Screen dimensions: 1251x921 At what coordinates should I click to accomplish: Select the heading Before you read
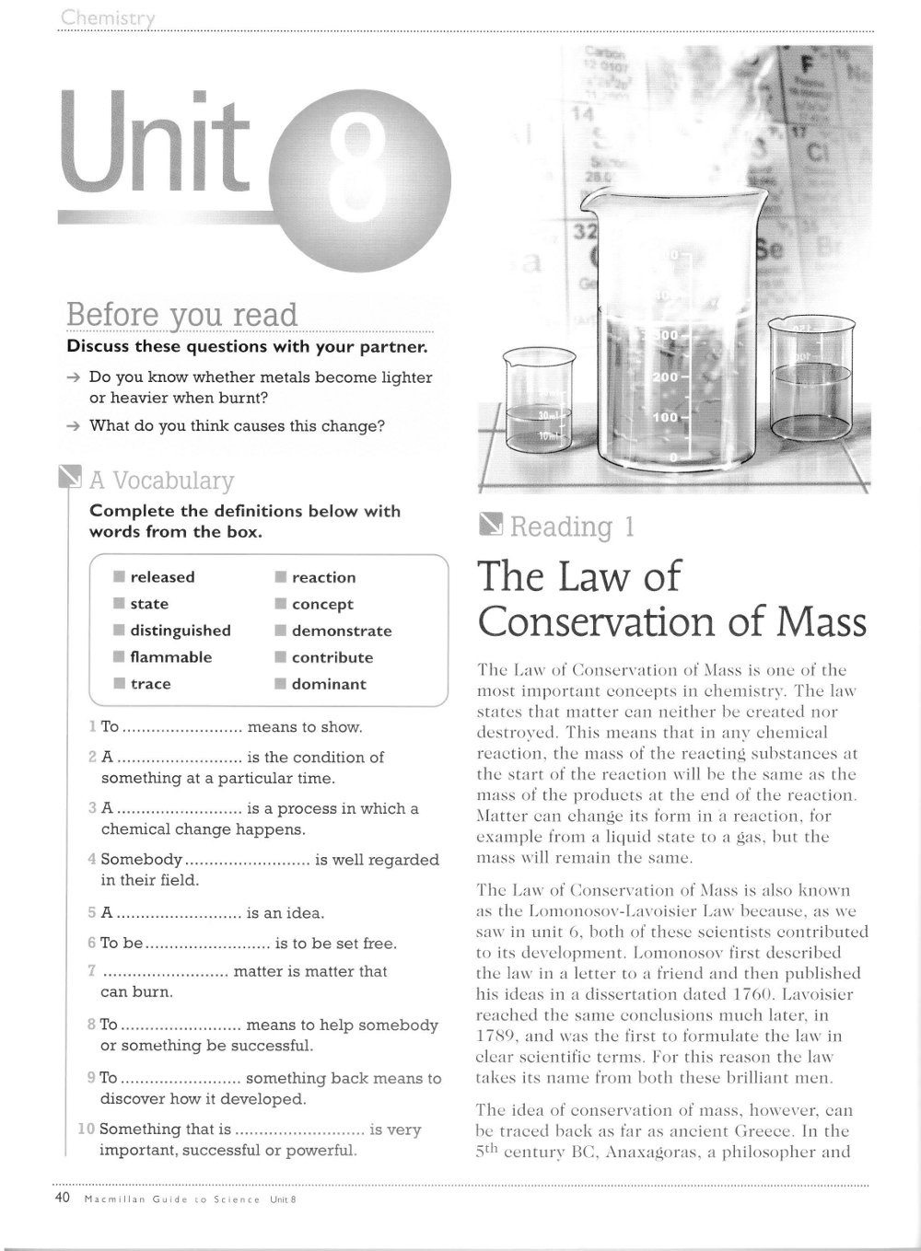tap(182, 315)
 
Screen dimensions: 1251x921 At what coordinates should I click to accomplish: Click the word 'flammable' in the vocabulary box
tap(170, 657)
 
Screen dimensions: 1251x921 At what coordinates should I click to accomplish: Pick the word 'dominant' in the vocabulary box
tap(329, 684)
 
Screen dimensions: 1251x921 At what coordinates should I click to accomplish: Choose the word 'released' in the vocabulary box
tap(162, 577)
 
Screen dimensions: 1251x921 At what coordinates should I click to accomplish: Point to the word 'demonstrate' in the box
tap(342, 631)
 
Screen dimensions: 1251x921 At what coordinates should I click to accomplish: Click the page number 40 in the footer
tap(64, 1198)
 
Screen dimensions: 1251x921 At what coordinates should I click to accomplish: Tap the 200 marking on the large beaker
tap(665, 378)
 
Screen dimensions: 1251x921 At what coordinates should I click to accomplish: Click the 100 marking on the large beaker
tap(665, 418)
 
